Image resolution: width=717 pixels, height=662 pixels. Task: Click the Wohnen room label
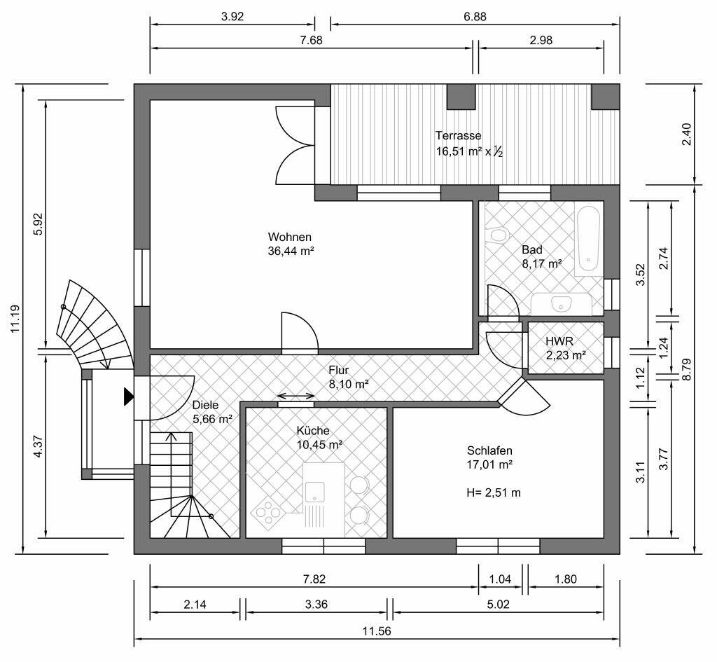289,237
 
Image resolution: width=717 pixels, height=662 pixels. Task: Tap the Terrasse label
458,135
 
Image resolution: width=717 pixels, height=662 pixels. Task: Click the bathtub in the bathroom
587,241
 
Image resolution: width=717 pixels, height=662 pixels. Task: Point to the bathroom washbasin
561,303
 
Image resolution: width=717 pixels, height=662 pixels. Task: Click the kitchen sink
315,492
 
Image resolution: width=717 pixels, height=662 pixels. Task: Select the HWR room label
559,341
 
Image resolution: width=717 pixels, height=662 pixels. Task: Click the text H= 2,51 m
494,492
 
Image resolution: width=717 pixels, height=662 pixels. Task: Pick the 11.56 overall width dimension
377,632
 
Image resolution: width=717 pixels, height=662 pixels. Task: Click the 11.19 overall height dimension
15,319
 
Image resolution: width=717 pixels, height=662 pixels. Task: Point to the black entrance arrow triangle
129,396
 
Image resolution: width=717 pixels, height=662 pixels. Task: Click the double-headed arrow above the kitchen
296,396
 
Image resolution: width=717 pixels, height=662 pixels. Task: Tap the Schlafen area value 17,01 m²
489,465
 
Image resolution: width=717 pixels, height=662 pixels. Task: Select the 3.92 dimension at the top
232,17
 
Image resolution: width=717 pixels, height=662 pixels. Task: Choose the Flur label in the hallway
338,370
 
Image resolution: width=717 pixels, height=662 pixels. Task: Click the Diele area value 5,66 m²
213,419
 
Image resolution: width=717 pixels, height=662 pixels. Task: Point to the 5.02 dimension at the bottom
498,605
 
